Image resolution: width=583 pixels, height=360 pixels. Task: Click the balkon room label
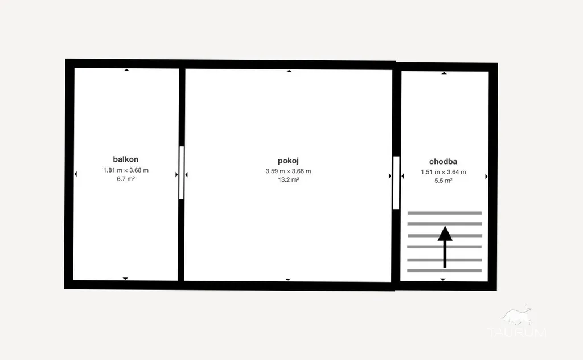coord(126,159)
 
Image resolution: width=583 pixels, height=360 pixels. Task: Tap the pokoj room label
coord(288,161)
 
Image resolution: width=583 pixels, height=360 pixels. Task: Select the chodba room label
coord(443,161)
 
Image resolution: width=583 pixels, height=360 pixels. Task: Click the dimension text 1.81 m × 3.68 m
coord(126,170)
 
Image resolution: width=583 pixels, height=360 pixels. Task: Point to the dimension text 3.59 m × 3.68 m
coord(288,171)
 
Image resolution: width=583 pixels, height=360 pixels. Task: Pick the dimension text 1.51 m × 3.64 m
coord(443,172)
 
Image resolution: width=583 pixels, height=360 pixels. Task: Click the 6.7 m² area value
coord(126,179)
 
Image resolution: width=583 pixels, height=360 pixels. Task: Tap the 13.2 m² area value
coord(288,179)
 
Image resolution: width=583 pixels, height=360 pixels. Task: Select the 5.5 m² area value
coord(443,181)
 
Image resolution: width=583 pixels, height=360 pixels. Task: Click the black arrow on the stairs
coord(445,247)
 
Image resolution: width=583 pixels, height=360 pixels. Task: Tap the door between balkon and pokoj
coord(182,173)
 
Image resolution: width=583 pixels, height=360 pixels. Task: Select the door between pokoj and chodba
coord(396,183)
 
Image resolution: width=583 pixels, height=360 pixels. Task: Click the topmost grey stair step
coord(445,213)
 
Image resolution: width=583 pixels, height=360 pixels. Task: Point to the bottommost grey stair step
coord(445,271)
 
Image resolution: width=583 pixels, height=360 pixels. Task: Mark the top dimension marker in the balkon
coord(126,70)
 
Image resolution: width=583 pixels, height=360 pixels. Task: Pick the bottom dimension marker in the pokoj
coord(288,280)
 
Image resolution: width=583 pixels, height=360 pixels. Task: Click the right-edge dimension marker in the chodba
coord(486,177)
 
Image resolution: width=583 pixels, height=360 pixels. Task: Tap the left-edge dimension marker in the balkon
coord(76,174)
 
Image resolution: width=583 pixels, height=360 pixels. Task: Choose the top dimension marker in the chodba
coord(444,73)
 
